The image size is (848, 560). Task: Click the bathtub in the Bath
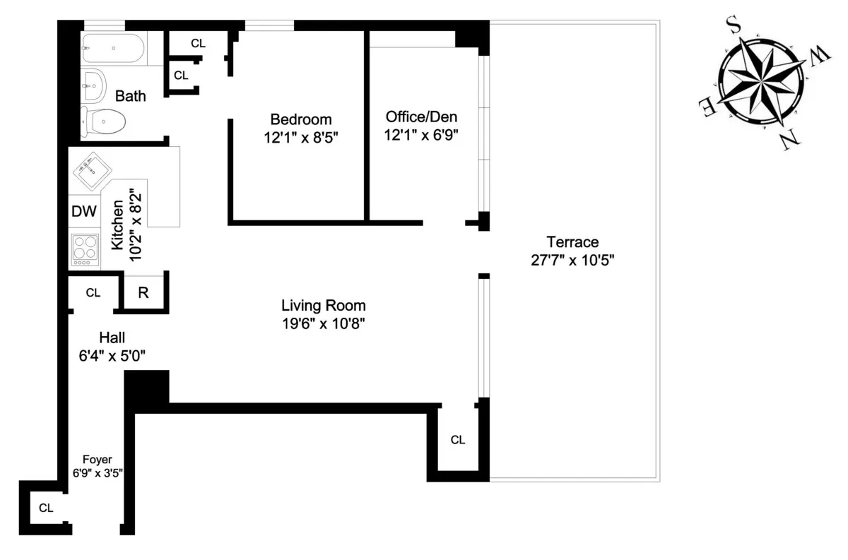click(113, 50)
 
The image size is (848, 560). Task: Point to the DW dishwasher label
click(84, 211)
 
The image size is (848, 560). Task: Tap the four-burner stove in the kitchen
click(85, 249)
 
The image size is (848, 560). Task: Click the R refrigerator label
click(143, 292)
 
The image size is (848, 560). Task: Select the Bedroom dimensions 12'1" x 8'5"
click(300, 138)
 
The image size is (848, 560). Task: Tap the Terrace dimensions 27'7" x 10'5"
click(573, 259)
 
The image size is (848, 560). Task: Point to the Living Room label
click(324, 306)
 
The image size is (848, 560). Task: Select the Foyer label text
click(98, 459)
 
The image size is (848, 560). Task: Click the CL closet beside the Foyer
click(46, 507)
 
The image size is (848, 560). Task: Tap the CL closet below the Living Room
click(458, 440)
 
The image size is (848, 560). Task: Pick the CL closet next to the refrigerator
click(93, 292)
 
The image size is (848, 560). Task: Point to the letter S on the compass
click(734, 27)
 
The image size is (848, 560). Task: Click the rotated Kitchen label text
click(118, 225)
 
